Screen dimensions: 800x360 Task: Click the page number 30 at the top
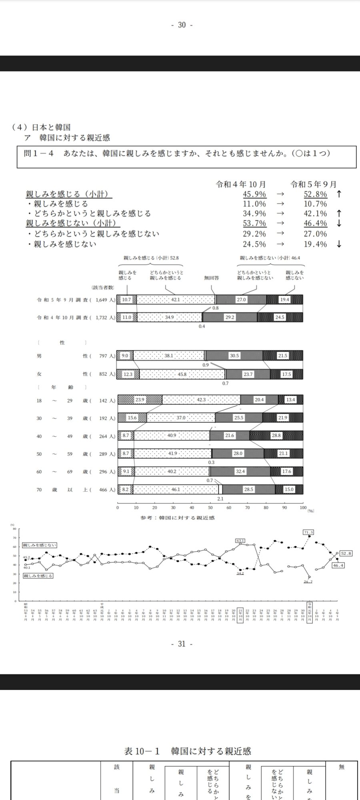click(x=182, y=25)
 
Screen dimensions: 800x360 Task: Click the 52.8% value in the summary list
click(x=315, y=194)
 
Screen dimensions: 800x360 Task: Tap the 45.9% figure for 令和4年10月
click(x=254, y=194)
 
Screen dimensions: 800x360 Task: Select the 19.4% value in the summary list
click(x=315, y=244)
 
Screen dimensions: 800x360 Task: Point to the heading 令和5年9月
click(x=314, y=184)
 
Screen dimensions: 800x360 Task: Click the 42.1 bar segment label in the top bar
click(x=175, y=300)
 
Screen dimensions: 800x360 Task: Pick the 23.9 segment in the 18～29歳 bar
click(x=140, y=400)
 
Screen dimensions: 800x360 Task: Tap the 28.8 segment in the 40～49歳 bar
click(x=276, y=435)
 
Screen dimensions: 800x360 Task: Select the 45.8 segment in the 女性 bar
click(x=182, y=374)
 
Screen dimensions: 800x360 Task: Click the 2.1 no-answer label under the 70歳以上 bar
click(x=220, y=499)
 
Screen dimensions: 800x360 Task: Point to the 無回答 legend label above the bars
click(x=211, y=278)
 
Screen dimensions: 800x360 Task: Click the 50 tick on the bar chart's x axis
click(x=210, y=508)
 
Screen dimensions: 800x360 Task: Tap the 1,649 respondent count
click(x=104, y=300)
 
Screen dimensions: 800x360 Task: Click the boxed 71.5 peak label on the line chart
click(x=308, y=532)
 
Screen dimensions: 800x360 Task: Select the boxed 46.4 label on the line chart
click(x=338, y=565)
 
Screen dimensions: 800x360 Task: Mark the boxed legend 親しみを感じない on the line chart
click(x=40, y=545)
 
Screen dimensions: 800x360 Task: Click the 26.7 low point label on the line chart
click(x=308, y=582)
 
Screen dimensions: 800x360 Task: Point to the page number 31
click(x=182, y=644)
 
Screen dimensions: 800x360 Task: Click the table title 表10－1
click(x=142, y=751)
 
